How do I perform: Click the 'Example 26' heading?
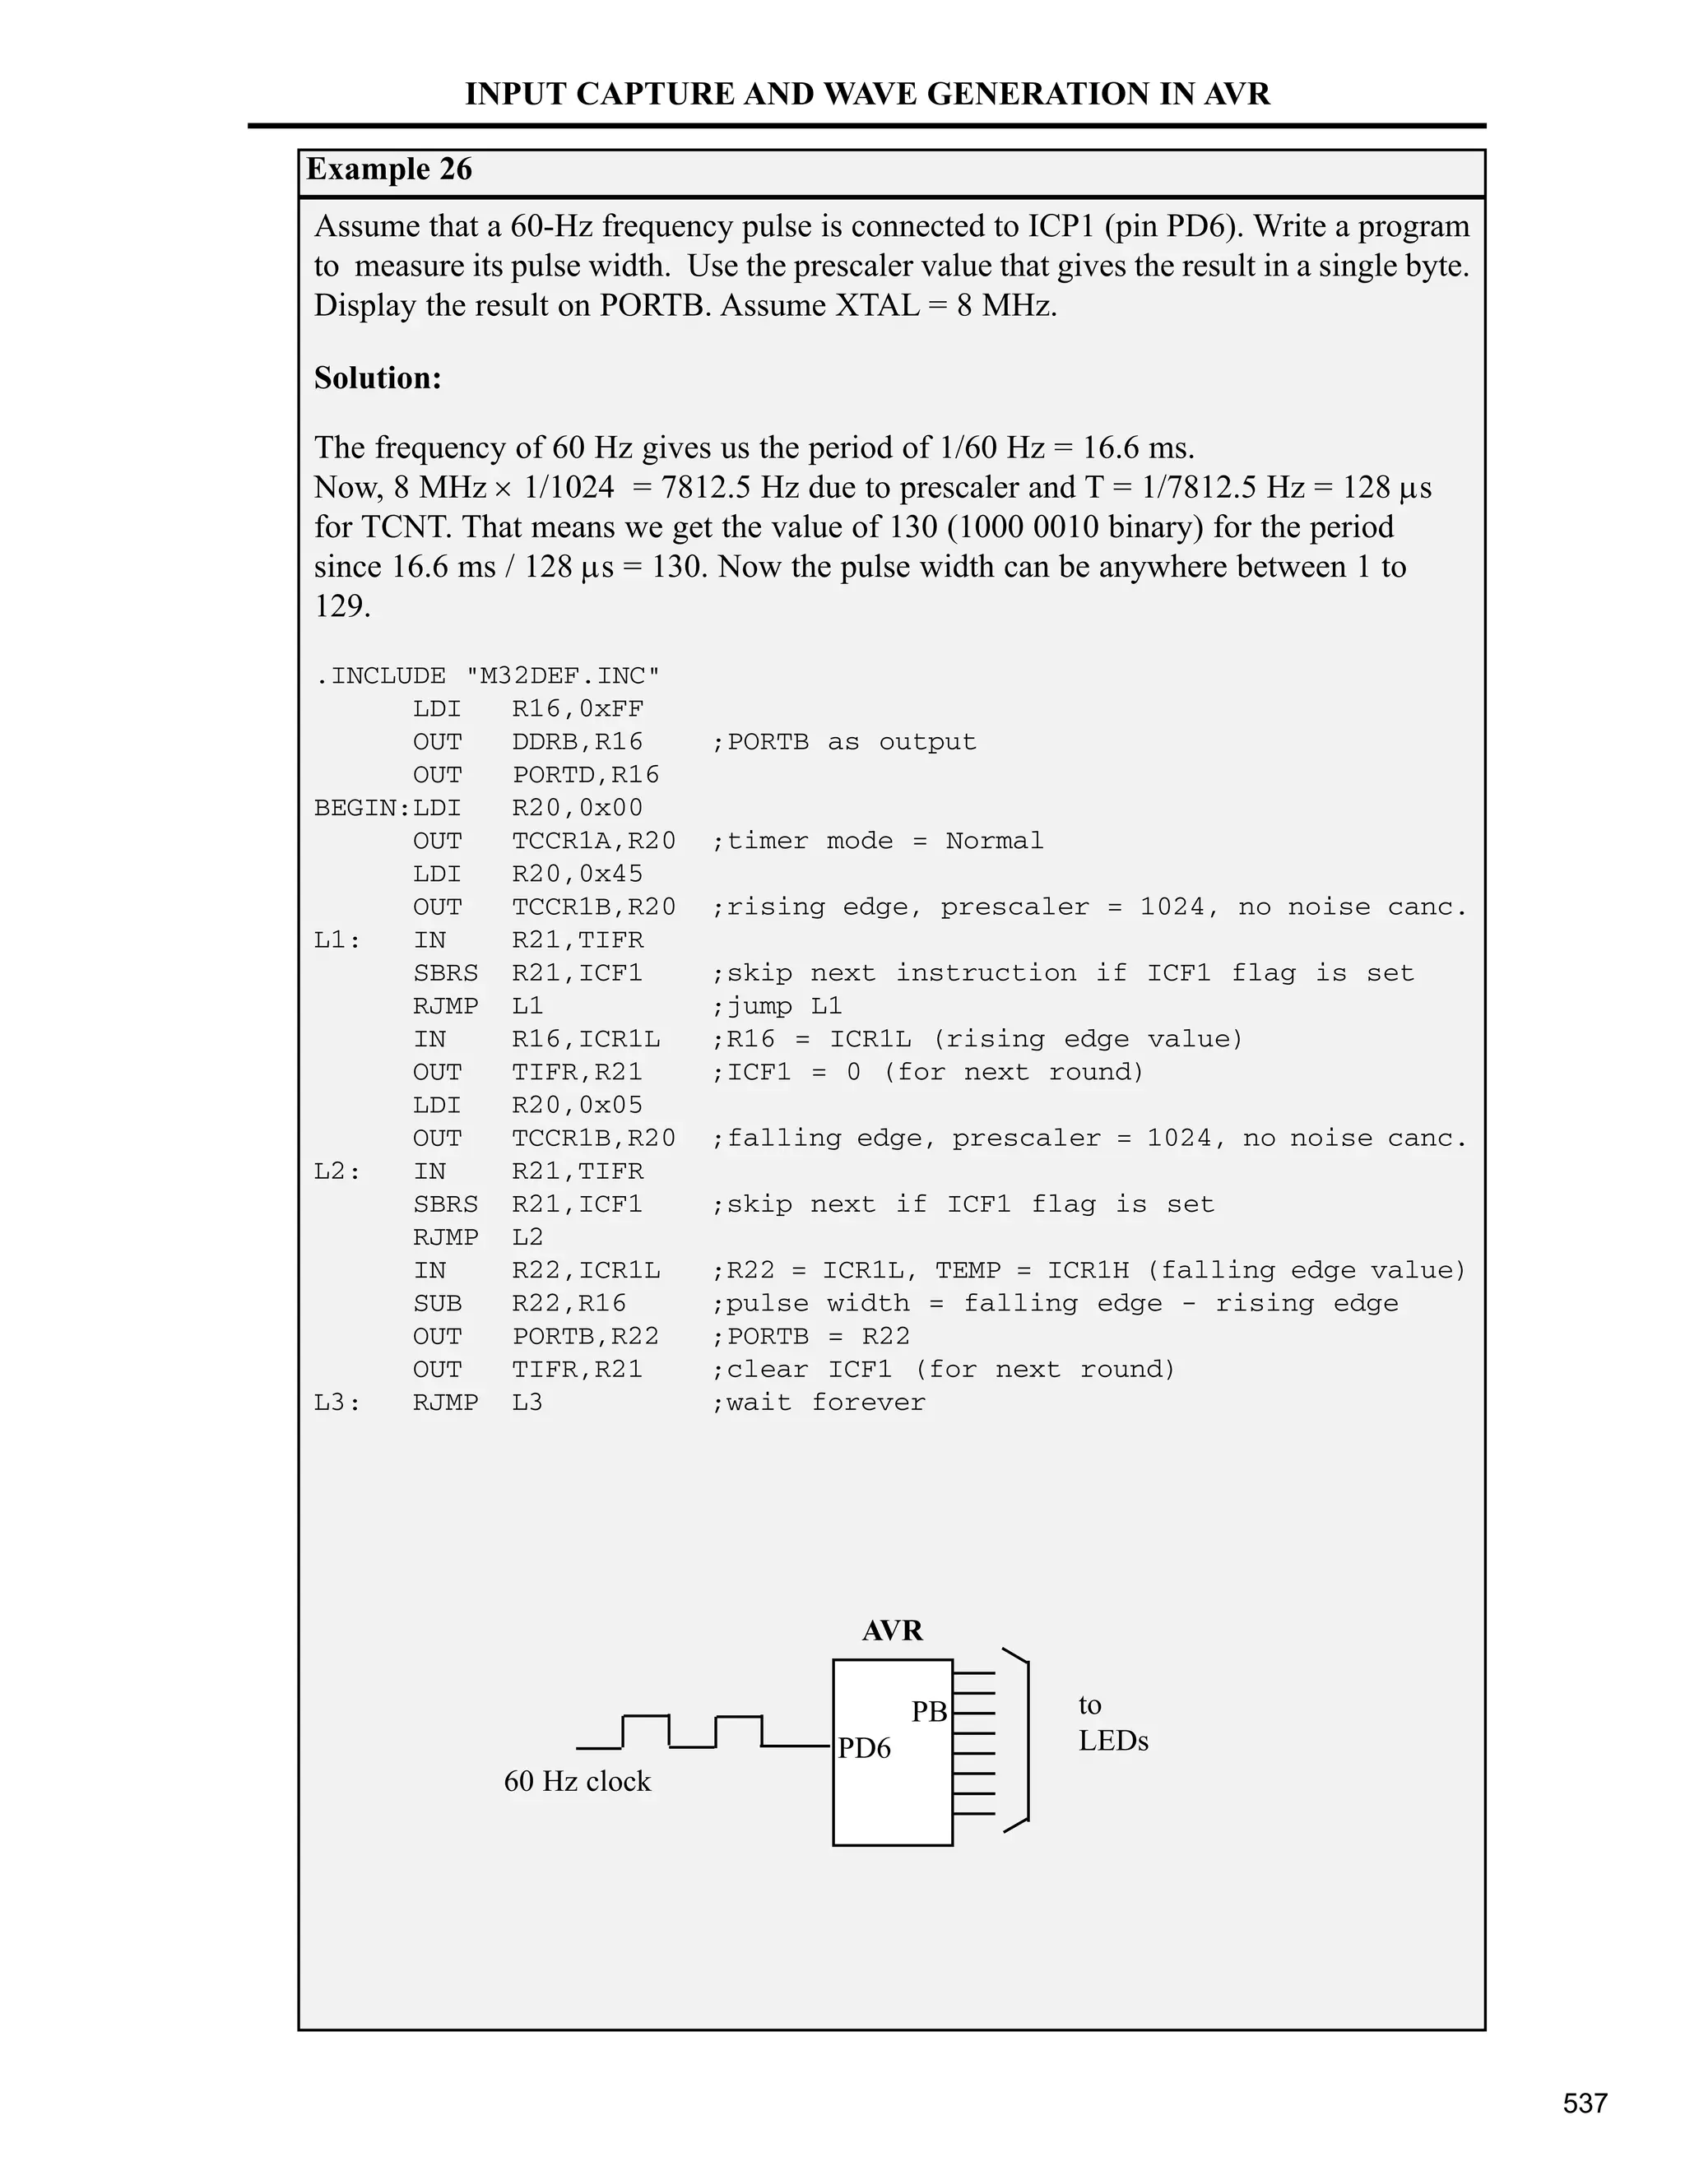[x=388, y=169]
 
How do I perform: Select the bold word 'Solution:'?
[x=378, y=378]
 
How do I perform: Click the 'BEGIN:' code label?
[x=362, y=808]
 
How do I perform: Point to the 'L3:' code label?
[x=337, y=1403]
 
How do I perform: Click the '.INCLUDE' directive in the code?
[x=379, y=675]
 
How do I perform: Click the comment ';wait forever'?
[x=818, y=1403]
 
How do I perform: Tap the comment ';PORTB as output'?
[x=843, y=742]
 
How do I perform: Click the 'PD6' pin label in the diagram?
[x=863, y=1748]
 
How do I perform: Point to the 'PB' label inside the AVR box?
[x=928, y=1712]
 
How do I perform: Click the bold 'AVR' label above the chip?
[x=893, y=1630]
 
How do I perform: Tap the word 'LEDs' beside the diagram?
[x=1113, y=1741]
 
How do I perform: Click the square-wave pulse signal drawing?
[x=694, y=1732]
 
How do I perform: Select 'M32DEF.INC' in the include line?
[x=562, y=675]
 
